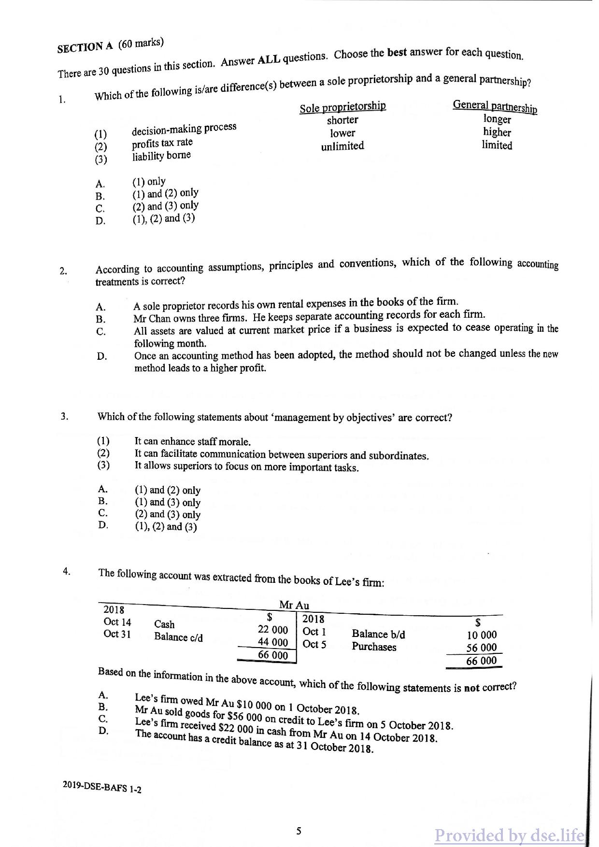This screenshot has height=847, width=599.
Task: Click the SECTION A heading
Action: coord(85,47)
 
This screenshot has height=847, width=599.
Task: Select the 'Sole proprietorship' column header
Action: coord(342,107)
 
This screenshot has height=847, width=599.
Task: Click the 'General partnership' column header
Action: coord(495,106)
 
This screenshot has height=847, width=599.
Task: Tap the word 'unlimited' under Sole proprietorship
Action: coord(342,146)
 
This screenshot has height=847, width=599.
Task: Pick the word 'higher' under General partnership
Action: coord(497,132)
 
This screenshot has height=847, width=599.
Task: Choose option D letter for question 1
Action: coord(100,222)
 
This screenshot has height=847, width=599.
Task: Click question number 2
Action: coord(63,271)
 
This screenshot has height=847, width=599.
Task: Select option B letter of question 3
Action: coord(102,501)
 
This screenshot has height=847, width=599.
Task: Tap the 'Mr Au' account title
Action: coord(294,605)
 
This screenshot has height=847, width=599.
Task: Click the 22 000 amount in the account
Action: coord(273,630)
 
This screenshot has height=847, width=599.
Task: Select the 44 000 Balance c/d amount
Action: coord(273,642)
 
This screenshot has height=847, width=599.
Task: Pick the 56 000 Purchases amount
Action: coord(481,648)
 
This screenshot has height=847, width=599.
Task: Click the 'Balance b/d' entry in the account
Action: coord(378,634)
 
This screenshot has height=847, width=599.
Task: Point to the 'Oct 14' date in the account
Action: coord(117,622)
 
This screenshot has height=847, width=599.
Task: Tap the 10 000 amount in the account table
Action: coord(481,635)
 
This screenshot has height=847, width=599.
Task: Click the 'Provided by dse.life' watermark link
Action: coord(510,835)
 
